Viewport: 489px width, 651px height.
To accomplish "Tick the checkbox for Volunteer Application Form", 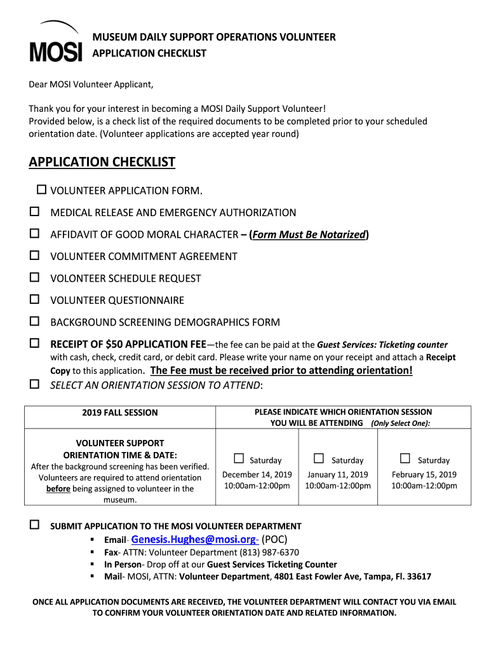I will [42, 189].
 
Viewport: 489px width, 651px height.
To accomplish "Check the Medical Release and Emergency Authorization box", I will [34, 211].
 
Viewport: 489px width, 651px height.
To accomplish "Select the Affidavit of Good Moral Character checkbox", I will [34, 233].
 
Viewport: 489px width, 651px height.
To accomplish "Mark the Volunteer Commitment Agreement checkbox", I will [34, 256].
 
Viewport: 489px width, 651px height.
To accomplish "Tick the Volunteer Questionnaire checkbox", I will [34, 299].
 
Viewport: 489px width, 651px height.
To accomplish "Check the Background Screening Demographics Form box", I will [34, 321].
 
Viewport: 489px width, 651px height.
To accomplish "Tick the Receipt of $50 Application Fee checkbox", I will [34, 343].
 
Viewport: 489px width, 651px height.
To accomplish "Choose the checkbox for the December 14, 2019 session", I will [239, 458].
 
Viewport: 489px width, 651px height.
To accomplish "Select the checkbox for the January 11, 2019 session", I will [319, 458].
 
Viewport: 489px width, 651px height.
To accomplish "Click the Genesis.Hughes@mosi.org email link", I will [194, 539].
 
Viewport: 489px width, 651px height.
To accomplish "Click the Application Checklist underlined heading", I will [102, 162].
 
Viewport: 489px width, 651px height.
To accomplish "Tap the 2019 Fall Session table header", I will [120, 413].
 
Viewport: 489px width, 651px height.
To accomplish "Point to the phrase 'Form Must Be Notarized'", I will [309, 235].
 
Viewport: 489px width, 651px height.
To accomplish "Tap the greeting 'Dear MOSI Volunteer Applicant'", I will [91, 85].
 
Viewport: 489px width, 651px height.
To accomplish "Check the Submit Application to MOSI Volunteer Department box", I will [34, 525].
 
